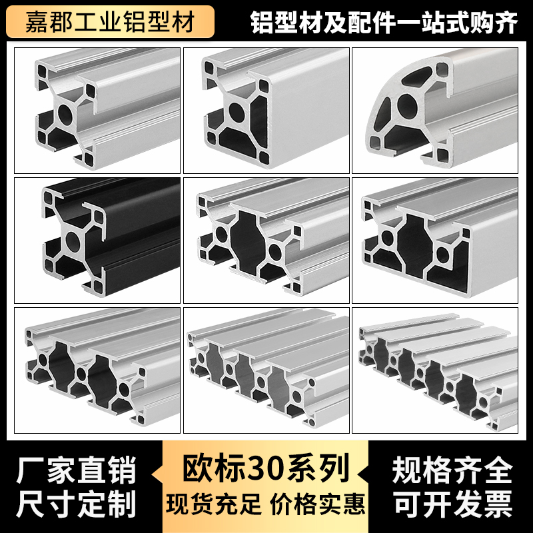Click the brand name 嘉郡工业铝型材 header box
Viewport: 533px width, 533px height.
[110, 22]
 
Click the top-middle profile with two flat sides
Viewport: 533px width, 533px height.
[266, 111]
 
